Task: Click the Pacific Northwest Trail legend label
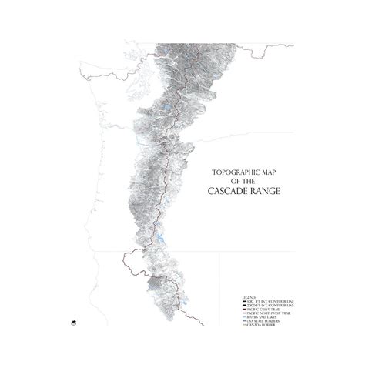(266, 313)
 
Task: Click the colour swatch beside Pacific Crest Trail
(244, 308)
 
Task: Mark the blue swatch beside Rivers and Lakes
(244, 317)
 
